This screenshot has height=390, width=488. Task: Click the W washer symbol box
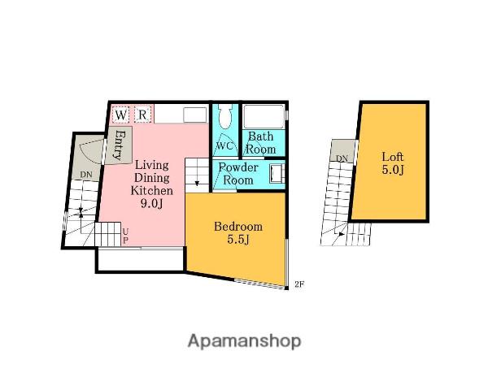click(120, 115)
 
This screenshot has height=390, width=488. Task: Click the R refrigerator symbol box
click(142, 115)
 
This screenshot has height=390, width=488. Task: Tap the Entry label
click(118, 145)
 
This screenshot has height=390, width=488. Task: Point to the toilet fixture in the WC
click(224, 116)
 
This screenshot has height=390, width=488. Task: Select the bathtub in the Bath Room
click(264, 116)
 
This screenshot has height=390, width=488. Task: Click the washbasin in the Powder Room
click(277, 174)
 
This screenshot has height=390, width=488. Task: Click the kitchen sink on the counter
click(195, 115)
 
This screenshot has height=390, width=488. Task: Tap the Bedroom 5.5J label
click(238, 232)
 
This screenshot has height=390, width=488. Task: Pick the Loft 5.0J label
click(393, 163)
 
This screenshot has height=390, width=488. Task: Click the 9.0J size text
click(151, 203)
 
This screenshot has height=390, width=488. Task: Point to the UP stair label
click(125, 236)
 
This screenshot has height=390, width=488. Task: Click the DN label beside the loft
click(342, 158)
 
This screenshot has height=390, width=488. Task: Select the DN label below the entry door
click(86, 175)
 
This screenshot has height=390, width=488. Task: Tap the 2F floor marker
click(299, 284)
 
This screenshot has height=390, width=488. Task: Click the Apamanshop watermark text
click(244, 341)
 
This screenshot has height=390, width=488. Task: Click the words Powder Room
click(238, 174)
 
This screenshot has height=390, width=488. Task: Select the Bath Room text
click(261, 143)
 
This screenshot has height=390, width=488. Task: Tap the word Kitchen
click(151, 190)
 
